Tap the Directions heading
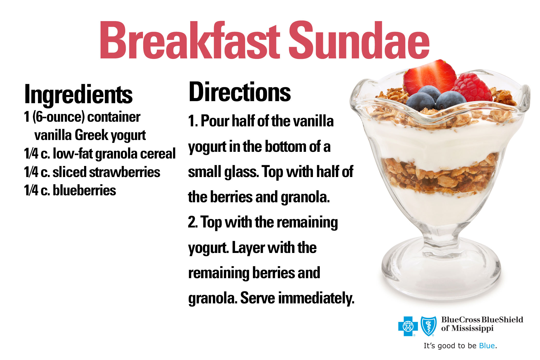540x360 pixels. pos(240,92)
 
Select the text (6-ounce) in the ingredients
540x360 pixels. pos(59,117)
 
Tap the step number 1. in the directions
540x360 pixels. pos(193,121)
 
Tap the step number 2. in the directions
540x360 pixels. pos(193,222)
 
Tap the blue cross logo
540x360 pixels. pos(408,326)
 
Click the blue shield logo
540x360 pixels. pos(428,326)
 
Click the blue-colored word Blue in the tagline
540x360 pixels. pos(487,346)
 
